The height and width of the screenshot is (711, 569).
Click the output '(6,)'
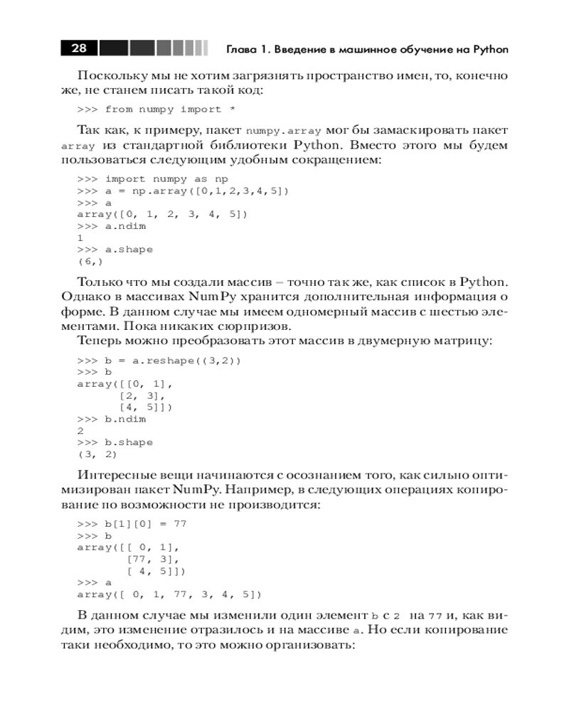pos(90,262)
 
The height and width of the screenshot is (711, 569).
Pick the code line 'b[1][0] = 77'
pos(132,523)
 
